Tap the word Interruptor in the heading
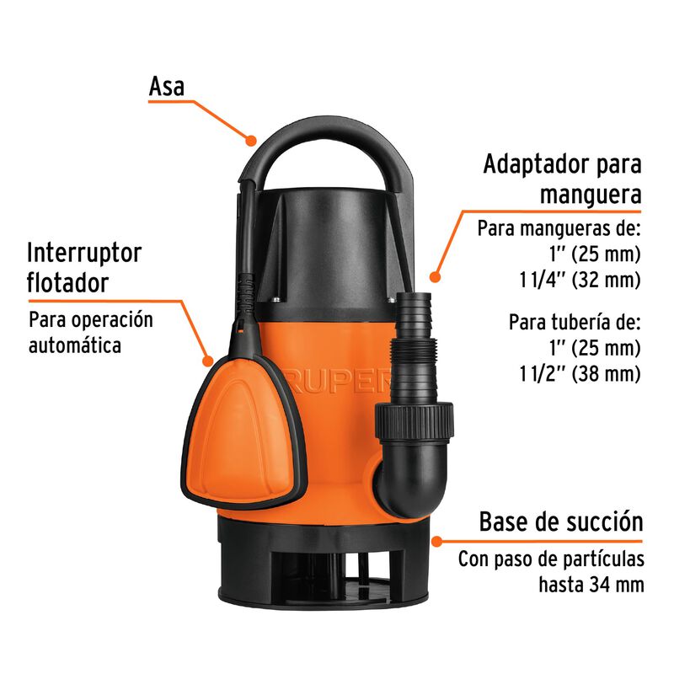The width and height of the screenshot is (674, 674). click(84, 253)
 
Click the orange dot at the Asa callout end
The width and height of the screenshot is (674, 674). click(251, 139)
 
